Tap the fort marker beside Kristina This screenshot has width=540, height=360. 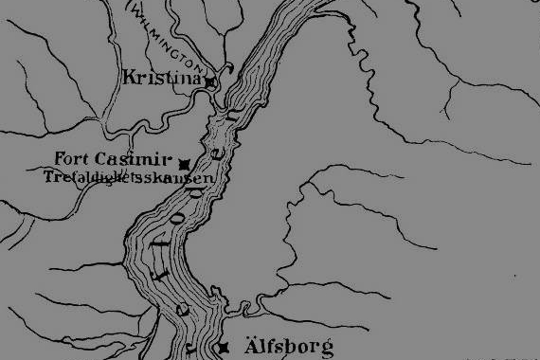(x=211, y=83)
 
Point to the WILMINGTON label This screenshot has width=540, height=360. (x=169, y=38)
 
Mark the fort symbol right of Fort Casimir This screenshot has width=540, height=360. (x=184, y=163)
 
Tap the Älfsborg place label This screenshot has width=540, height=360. (x=289, y=347)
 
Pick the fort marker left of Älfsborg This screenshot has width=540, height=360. (x=224, y=347)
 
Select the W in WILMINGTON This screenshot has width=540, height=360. (x=137, y=10)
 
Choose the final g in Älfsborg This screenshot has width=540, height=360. (x=326, y=351)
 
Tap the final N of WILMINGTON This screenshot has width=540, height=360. (x=200, y=67)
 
